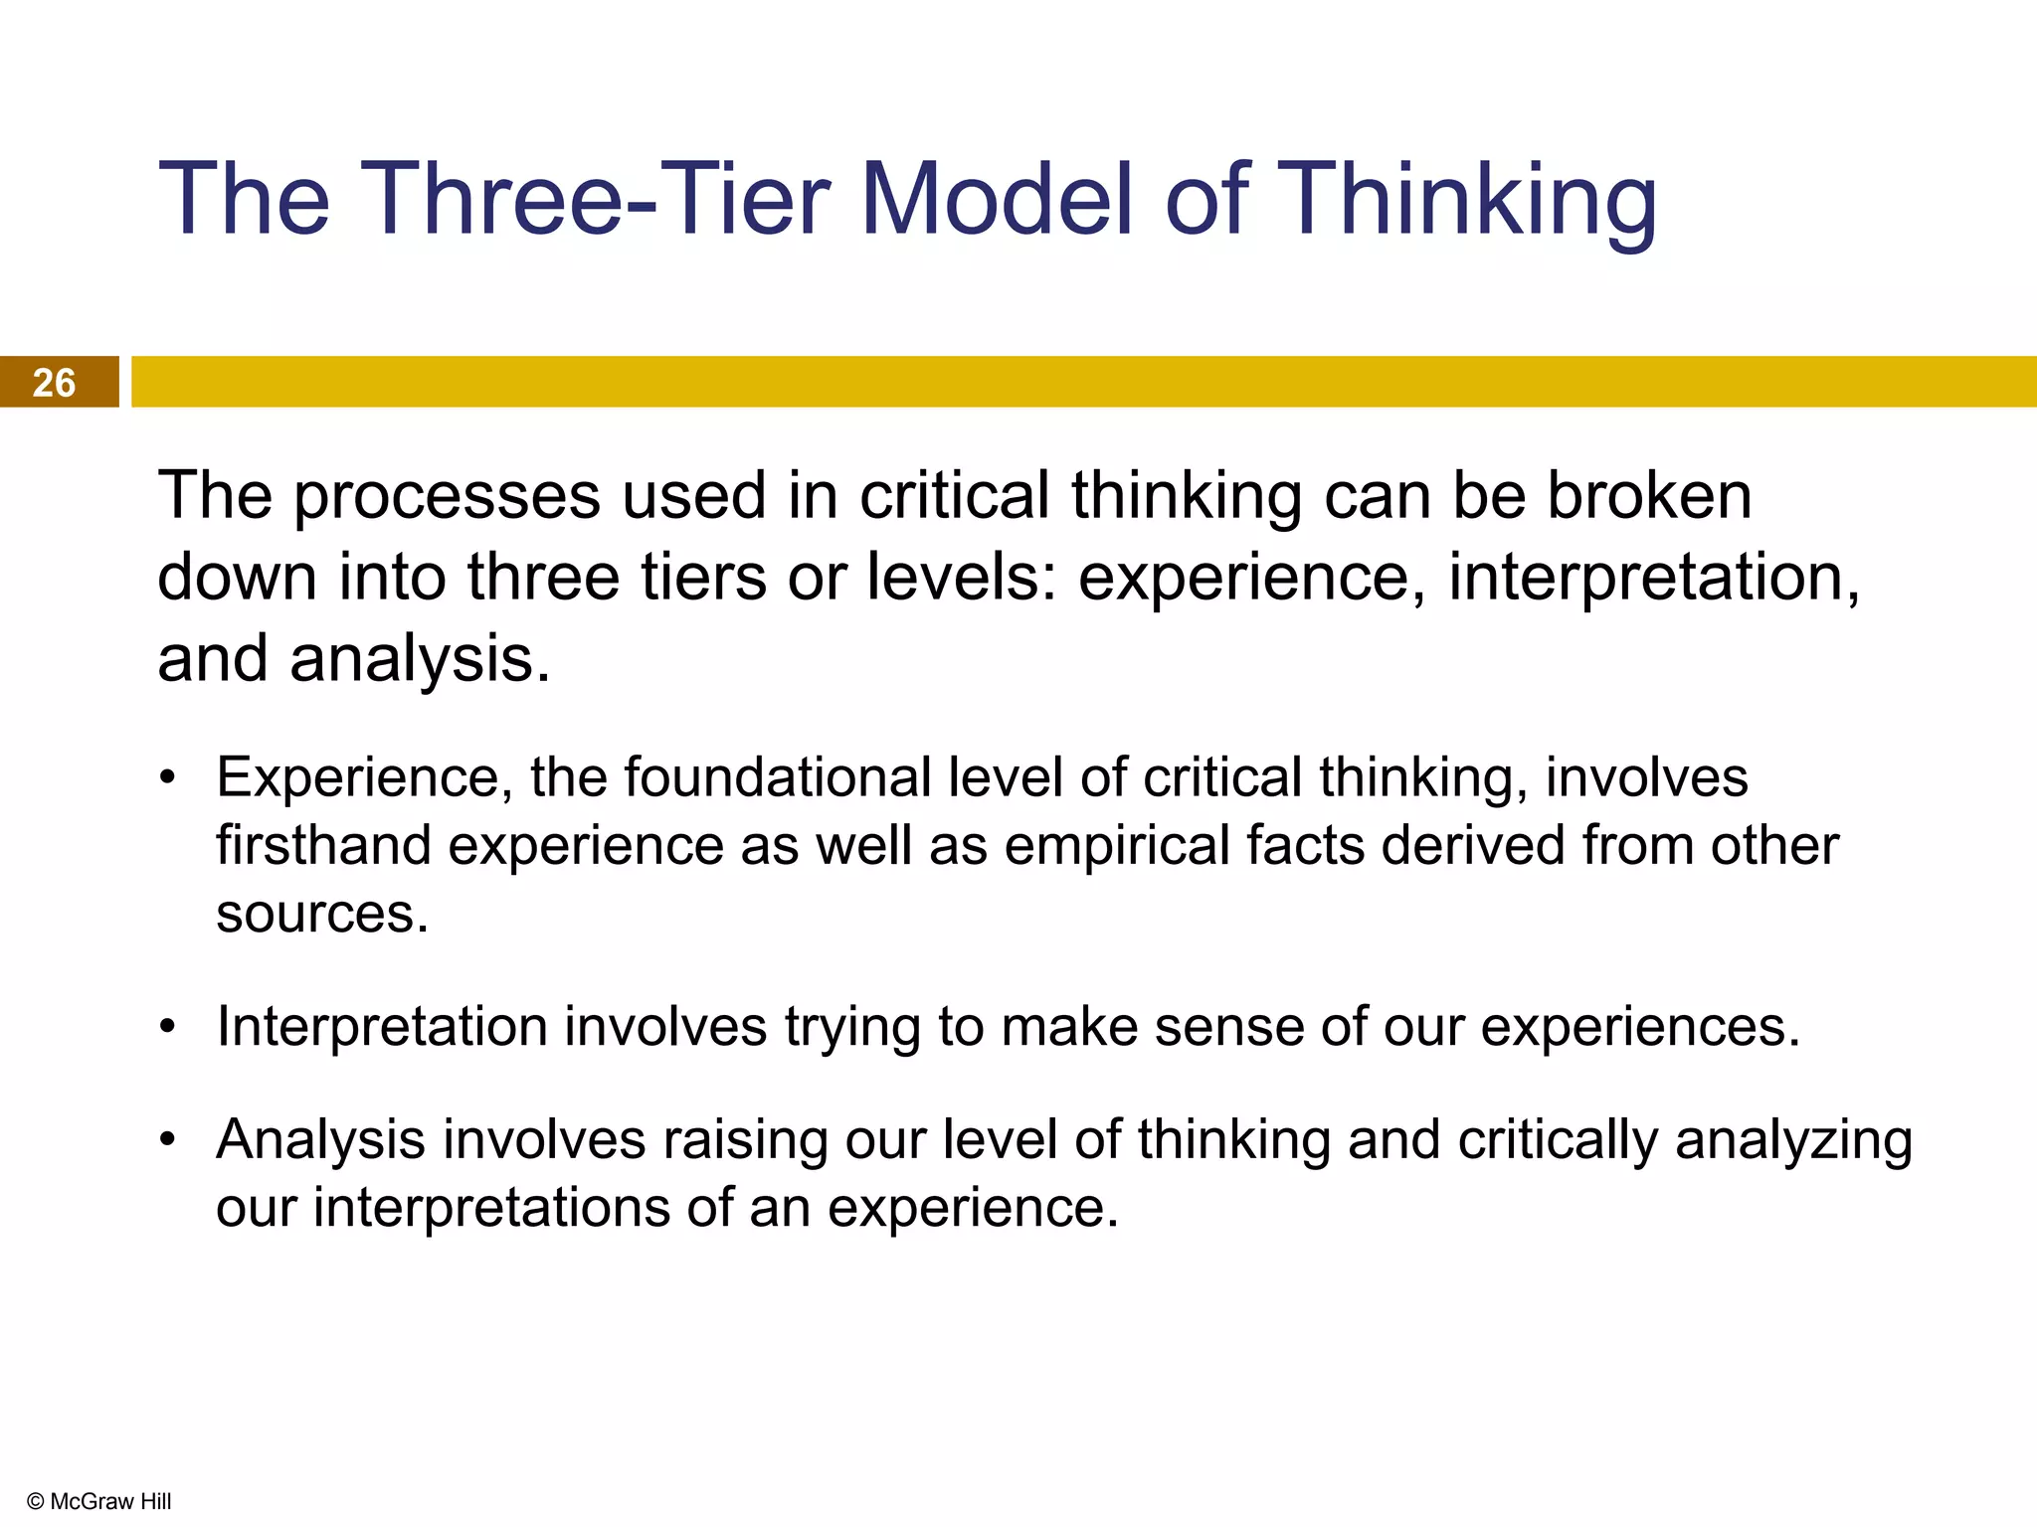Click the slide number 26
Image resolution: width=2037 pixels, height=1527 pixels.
point(54,383)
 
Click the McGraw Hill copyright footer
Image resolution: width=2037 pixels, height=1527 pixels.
point(98,1501)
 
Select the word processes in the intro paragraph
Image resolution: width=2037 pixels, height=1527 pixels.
point(448,496)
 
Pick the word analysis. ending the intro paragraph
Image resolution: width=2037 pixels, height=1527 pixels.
point(420,660)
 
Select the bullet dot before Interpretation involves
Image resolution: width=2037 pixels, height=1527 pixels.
point(168,1027)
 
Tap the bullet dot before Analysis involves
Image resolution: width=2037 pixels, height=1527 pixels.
point(168,1140)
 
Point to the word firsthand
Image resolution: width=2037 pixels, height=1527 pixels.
point(323,846)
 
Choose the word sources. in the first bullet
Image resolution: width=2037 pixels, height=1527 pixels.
point(322,914)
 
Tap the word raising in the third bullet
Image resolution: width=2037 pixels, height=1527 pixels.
point(745,1140)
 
